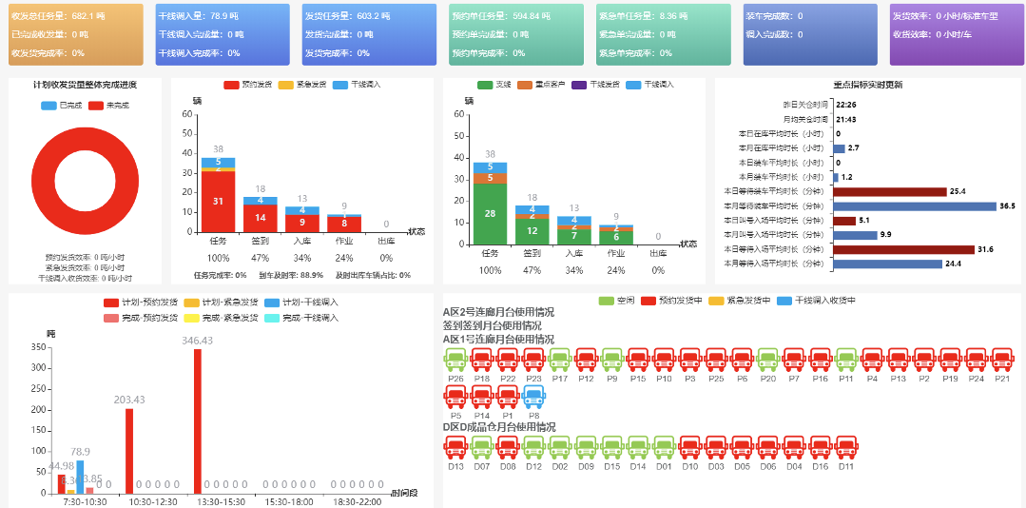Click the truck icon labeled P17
tap(559, 361)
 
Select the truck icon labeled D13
tap(455, 447)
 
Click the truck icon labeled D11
tap(845, 447)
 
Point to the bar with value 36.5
tap(914, 205)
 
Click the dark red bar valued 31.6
tap(903, 249)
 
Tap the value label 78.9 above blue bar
tap(81, 452)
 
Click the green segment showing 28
tap(490, 213)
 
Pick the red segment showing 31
tap(218, 201)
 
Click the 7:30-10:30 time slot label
tap(85, 501)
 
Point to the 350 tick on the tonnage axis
tap(38, 348)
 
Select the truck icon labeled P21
tap(1001, 361)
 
